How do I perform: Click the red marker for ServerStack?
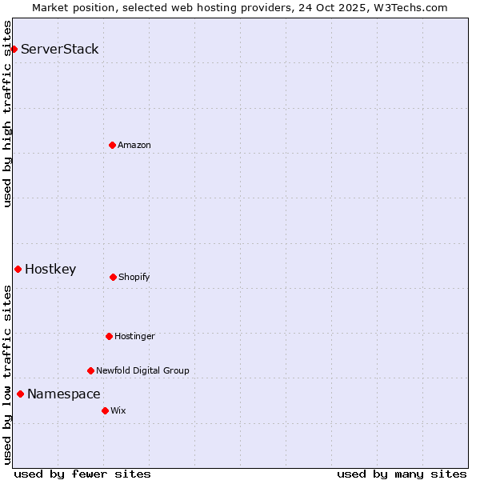click(14, 49)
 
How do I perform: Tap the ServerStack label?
click(60, 49)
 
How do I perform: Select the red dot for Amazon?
click(112, 145)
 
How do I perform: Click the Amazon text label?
click(134, 145)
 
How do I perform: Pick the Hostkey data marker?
click(18, 269)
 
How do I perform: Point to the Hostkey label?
click(50, 269)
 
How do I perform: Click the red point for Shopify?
click(113, 277)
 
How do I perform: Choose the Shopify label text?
click(134, 277)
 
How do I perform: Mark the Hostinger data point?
click(109, 336)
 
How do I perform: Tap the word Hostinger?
click(134, 336)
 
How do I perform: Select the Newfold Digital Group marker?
click(90, 370)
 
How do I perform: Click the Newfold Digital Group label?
click(142, 370)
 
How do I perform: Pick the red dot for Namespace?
click(20, 394)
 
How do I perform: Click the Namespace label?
click(64, 394)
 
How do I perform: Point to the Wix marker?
click(105, 410)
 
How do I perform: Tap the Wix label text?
click(118, 410)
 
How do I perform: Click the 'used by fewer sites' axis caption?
click(82, 474)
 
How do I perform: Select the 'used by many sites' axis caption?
click(402, 474)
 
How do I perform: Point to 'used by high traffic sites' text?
click(7, 114)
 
